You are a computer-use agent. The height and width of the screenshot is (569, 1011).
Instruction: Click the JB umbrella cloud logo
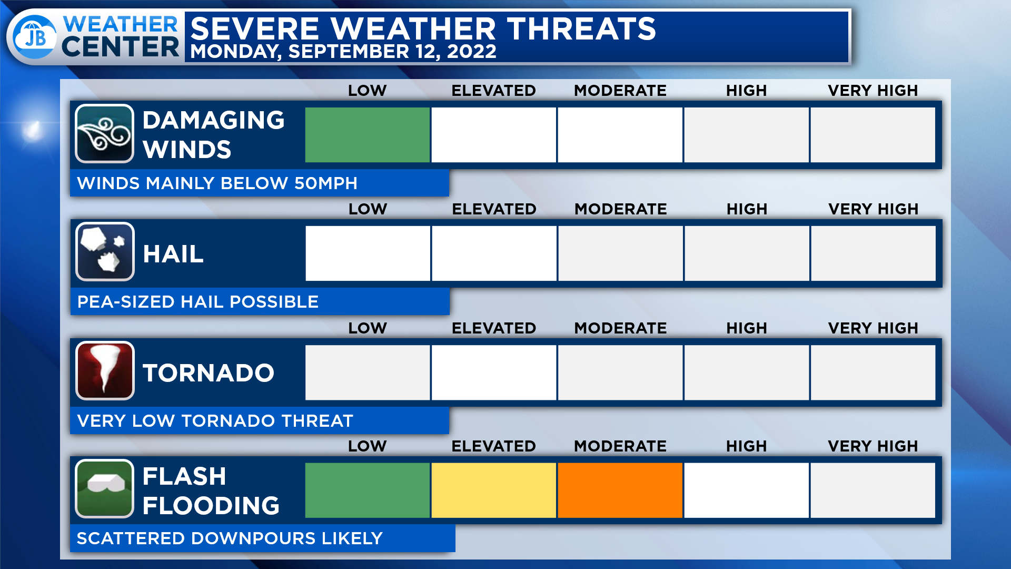click(x=35, y=37)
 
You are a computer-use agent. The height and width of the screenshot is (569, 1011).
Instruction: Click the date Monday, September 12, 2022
click(x=343, y=52)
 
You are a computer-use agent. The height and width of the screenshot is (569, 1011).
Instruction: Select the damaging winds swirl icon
click(x=104, y=134)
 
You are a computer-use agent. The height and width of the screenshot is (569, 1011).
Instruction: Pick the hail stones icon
click(x=105, y=252)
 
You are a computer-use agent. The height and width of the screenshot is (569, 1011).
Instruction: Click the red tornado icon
click(x=105, y=371)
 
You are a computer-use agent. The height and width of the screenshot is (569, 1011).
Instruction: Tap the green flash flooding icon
click(x=104, y=489)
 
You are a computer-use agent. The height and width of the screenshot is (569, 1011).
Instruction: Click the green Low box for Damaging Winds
click(x=368, y=135)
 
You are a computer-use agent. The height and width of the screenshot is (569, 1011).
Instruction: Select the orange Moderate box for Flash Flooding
click(x=620, y=490)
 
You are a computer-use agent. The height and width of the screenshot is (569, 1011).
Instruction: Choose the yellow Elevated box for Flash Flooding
click(x=494, y=490)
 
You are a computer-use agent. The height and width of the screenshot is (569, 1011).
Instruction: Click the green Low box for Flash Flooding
click(x=368, y=490)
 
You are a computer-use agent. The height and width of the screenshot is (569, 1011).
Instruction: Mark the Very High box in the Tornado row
click(x=873, y=372)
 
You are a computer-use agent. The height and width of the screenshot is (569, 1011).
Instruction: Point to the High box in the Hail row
click(x=747, y=253)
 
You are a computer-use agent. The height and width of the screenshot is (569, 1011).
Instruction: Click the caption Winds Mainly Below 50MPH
click(x=217, y=183)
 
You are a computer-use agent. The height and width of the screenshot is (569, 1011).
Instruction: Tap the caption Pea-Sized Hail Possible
click(x=198, y=302)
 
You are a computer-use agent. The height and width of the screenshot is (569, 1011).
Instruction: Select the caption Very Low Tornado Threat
click(x=215, y=421)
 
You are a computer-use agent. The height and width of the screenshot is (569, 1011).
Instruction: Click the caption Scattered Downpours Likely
click(x=230, y=538)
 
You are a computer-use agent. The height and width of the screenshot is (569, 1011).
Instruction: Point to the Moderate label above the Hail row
click(x=621, y=209)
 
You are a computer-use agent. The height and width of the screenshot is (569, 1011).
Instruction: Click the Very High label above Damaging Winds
click(x=873, y=91)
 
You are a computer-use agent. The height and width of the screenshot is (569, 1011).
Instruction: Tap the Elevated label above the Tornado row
click(x=494, y=328)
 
